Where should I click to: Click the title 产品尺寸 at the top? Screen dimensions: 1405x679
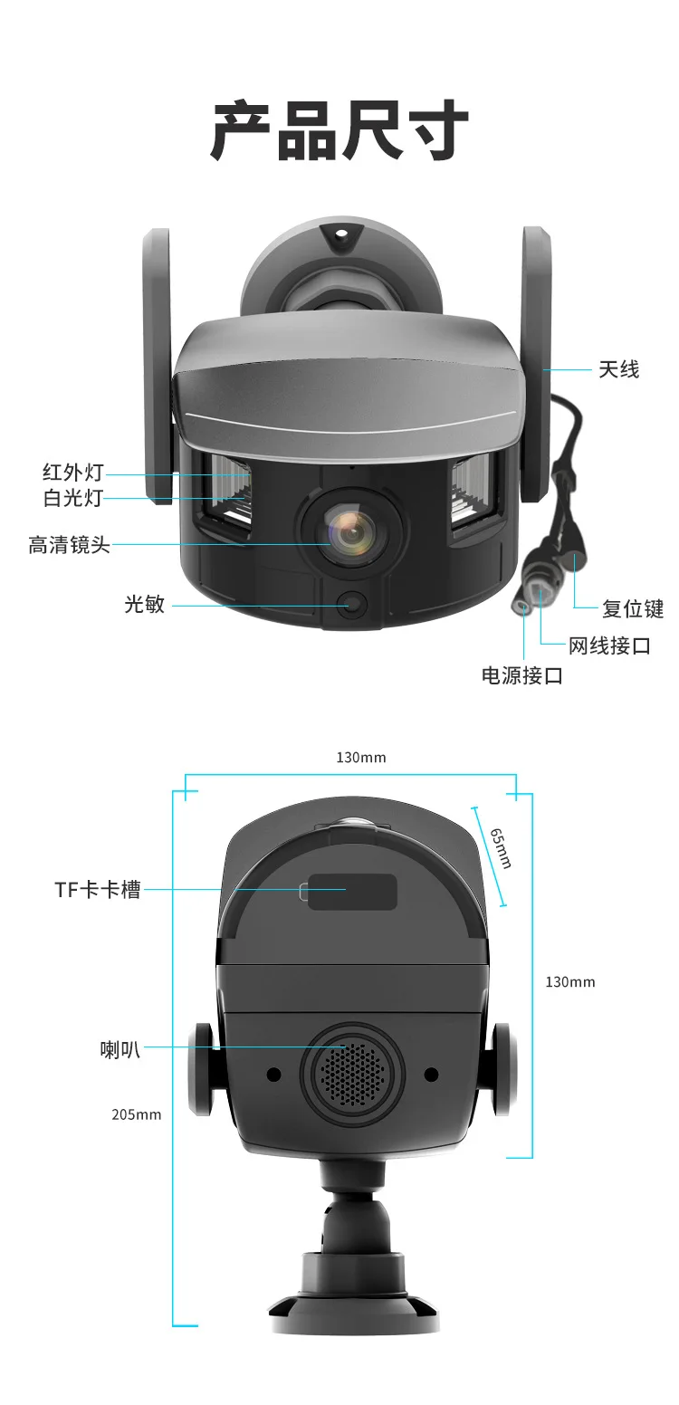coord(339,132)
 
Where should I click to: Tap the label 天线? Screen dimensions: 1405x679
coord(618,369)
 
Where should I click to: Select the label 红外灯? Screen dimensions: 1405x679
coord(73,473)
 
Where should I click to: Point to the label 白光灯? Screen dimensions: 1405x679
coord(73,498)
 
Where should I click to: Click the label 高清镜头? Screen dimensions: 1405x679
coord(69,545)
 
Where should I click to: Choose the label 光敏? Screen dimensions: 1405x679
coord(145,604)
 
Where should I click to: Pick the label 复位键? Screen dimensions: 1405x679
coord(633,608)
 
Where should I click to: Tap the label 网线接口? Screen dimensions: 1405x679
coord(609,645)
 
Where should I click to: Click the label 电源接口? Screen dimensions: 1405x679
coord(522,675)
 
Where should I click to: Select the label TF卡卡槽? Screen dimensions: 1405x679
coord(98,889)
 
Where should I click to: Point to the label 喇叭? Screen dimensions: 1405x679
coord(120,1049)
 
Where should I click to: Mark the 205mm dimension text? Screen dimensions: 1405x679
coord(137,1114)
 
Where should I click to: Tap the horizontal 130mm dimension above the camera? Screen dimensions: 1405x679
coord(360,757)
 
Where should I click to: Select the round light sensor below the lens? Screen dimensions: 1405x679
coord(352,604)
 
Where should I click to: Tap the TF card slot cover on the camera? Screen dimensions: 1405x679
coord(352,892)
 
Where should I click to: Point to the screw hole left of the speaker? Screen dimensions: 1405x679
coord(273,1074)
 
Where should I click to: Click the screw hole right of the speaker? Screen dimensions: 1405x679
coord(431,1074)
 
